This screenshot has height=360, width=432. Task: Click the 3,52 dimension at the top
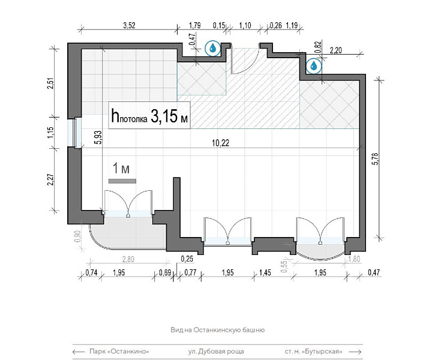pyautogui.click(x=129, y=25)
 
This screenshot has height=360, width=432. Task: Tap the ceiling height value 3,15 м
pyautogui.click(x=169, y=116)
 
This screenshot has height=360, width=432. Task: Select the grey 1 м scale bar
pyautogui.click(x=122, y=181)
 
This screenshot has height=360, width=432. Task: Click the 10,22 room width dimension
pyautogui.click(x=220, y=143)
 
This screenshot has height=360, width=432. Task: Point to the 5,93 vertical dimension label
pyautogui.click(x=98, y=137)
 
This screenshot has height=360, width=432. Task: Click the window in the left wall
pyautogui.click(x=74, y=133)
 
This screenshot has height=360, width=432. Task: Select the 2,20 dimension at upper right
pyautogui.click(x=336, y=50)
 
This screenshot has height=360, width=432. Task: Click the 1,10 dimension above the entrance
pyautogui.click(x=245, y=25)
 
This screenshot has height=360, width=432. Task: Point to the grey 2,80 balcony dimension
pyautogui.click(x=128, y=259)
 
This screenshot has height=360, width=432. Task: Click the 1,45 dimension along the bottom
pyautogui.click(x=265, y=272)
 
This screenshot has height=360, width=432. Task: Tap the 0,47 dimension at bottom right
pyautogui.click(x=374, y=272)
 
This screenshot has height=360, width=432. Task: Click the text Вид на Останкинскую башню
pyautogui.click(x=218, y=330)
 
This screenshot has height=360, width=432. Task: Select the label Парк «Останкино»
pyautogui.click(x=119, y=352)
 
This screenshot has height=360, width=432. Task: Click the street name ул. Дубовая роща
pyautogui.click(x=216, y=352)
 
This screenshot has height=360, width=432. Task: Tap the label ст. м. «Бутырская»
pyautogui.click(x=314, y=352)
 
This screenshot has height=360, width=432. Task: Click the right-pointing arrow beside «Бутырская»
pyautogui.click(x=355, y=352)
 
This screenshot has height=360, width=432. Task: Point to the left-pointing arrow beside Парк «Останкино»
pyautogui.click(x=79, y=352)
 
